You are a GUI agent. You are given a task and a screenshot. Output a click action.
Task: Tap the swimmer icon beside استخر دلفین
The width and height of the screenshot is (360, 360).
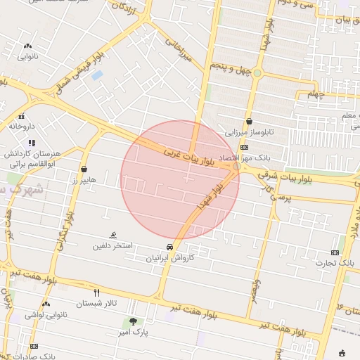click(x=113, y=236)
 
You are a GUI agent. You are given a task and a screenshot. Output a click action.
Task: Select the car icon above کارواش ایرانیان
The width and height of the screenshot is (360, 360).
click(x=169, y=247)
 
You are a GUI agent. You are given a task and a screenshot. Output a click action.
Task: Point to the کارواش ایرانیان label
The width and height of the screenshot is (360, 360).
click(x=169, y=259)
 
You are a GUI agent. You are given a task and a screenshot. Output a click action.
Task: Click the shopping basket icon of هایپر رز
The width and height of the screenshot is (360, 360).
click(x=84, y=169)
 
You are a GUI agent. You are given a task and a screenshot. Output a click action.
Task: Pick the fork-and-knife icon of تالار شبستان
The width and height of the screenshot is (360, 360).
click(x=97, y=292)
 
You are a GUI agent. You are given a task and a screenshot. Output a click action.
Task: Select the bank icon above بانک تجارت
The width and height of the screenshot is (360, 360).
click(x=335, y=252)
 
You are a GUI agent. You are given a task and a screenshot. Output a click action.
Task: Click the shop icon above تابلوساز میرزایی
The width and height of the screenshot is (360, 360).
click(x=249, y=121)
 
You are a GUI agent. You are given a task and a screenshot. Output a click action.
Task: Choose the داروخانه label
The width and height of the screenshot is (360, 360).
click(x=22, y=127)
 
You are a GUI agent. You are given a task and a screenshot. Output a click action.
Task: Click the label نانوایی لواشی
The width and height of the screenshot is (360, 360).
click(x=46, y=315)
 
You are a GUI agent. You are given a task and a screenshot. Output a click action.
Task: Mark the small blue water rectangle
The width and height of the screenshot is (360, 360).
click(x=97, y=75)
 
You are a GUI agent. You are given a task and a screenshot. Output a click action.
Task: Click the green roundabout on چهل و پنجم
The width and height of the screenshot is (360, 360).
click(x=257, y=73)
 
